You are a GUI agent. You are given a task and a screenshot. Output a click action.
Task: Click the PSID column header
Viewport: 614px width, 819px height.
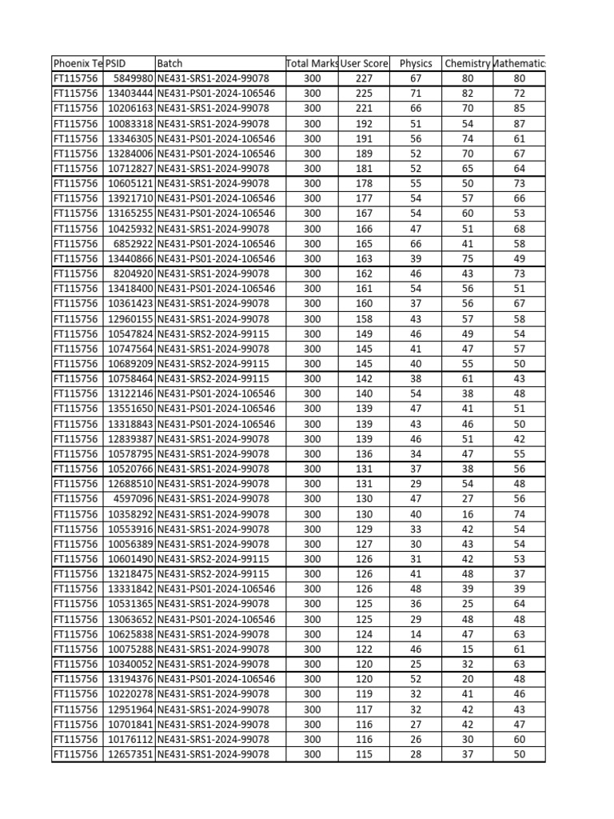(117, 63)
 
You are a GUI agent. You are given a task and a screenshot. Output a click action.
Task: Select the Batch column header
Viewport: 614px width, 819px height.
(170, 63)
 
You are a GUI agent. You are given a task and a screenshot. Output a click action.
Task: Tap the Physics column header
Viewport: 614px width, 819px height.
(416, 63)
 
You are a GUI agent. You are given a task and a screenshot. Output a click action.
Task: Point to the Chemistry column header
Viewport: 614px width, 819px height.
(467, 63)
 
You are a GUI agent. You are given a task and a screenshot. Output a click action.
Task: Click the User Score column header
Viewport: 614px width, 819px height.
(364, 63)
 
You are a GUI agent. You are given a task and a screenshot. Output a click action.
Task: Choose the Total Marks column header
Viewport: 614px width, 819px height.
(312, 63)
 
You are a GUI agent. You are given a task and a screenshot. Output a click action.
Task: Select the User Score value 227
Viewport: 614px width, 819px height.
(364, 78)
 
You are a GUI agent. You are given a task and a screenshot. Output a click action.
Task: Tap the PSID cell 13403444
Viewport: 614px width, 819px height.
(130, 94)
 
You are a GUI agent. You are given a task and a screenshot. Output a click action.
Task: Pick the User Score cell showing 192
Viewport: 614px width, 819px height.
(364, 124)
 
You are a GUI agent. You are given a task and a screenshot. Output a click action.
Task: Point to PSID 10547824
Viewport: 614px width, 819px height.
(130, 334)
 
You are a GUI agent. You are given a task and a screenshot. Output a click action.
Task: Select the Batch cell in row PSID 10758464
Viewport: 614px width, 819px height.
(213, 378)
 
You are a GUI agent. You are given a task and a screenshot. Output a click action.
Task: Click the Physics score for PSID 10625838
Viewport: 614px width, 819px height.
(416, 634)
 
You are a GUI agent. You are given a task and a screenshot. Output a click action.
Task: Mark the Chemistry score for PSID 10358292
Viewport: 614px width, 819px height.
(468, 513)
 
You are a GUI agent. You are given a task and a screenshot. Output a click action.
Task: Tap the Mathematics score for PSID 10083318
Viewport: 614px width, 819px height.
(520, 124)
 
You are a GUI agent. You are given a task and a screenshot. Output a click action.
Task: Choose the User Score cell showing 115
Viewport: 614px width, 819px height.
(364, 754)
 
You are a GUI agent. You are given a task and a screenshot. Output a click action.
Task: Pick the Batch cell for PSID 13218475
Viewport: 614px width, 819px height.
(213, 573)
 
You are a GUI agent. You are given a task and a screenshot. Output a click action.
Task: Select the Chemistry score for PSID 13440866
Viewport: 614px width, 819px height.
(468, 258)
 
